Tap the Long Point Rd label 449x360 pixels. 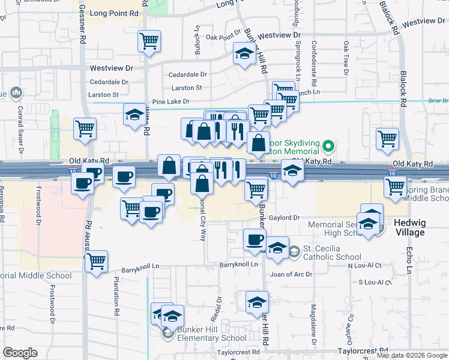[116, 13]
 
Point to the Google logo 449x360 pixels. [20, 353]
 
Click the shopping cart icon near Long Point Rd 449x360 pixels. [149, 41]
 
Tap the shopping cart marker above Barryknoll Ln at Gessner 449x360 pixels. [95, 261]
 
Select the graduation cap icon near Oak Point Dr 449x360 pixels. [244, 55]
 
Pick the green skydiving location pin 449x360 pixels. [328, 146]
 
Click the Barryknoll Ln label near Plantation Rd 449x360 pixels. [140, 271]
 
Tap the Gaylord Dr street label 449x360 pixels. [284, 218]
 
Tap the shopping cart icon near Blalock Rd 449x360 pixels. [388, 139]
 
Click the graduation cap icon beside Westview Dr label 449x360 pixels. [134, 114]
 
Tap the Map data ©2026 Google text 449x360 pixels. [412, 355]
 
